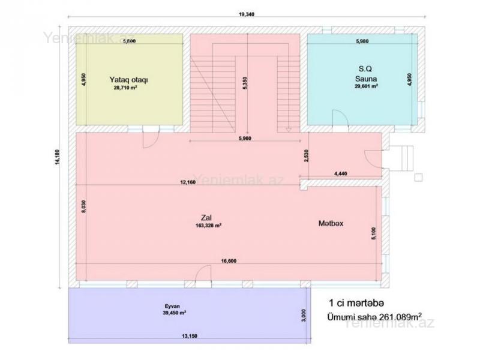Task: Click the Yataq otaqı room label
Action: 128,80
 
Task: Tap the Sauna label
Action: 366,79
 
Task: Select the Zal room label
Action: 206,218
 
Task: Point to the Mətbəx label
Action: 331,223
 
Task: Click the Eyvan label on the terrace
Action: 172,306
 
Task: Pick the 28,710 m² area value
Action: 125,88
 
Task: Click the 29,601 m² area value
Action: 366,86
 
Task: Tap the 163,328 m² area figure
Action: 208,226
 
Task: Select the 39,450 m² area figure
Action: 175,313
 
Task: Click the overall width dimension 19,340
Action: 247,14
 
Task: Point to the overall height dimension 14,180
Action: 57,157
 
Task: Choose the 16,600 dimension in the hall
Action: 229,261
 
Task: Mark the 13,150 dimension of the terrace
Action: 190,336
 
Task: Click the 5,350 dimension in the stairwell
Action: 245,83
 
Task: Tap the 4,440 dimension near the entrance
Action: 340,173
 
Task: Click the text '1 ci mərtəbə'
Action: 356,303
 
